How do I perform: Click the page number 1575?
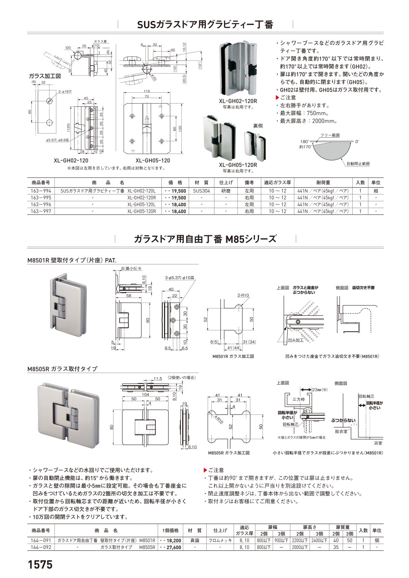[x=40, y=564]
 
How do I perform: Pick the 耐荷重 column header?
[x=323, y=182]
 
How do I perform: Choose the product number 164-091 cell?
[x=40, y=541]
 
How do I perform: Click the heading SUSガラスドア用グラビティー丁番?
[x=205, y=25]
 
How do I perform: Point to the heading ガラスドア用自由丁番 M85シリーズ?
[x=205, y=239]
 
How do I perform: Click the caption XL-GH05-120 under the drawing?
[x=152, y=161]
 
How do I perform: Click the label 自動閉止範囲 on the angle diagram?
[x=358, y=163]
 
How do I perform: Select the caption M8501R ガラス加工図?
[x=232, y=357]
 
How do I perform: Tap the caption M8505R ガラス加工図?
[x=229, y=453]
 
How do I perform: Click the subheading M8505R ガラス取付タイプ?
[x=62, y=369]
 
